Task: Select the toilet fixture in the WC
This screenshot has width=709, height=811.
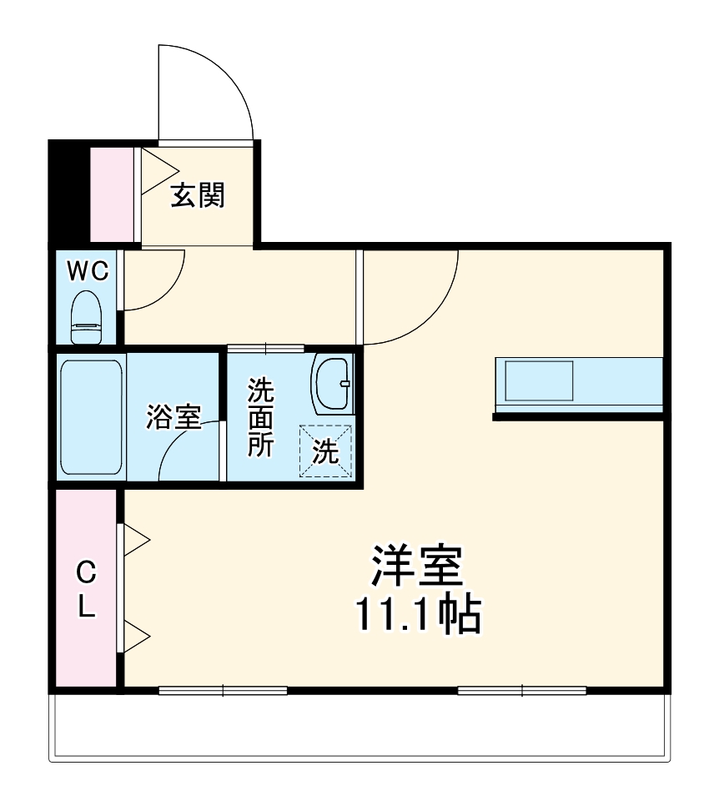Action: pyautogui.click(x=87, y=317)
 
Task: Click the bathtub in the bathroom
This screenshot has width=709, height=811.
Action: pyautogui.click(x=92, y=416)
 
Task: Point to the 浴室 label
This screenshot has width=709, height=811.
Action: pyautogui.click(x=173, y=416)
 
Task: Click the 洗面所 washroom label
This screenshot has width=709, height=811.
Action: pyautogui.click(x=261, y=416)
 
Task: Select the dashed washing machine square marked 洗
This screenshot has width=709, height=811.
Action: pyautogui.click(x=326, y=451)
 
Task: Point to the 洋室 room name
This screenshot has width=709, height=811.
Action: pyautogui.click(x=417, y=568)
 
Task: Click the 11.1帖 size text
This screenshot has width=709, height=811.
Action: pyautogui.click(x=417, y=616)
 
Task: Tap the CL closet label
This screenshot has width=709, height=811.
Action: pyautogui.click(x=86, y=589)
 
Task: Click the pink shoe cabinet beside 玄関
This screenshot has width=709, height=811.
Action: pyautogui.click(x=111, y=194)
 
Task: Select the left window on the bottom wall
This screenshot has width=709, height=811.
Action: pyautogui.click(x=223, y=690)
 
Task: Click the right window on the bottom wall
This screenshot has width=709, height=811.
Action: pyautogui.click(x=521, y=690)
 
